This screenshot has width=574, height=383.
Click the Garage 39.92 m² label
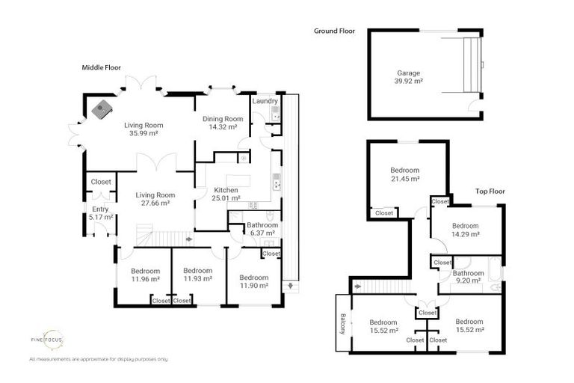coord(408,77)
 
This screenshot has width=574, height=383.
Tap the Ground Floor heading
coord(334,31)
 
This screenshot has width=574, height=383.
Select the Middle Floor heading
coord(102,67)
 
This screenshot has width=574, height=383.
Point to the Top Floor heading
coord(490,191)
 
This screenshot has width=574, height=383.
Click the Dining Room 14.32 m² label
coord(223,123)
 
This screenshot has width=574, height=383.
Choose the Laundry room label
coord(265,101)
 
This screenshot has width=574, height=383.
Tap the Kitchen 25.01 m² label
coord(226,194)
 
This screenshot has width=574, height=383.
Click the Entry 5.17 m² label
coord(101,213)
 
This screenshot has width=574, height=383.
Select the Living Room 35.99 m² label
coord(143,129)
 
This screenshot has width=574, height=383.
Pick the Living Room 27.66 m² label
coord(155,199)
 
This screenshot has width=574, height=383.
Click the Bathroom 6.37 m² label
coord(262,229)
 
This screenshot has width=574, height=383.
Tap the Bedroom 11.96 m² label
coord(145,275)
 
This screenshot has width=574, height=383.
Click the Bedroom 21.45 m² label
coord(404,174)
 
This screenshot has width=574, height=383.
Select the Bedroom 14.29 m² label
coord(464,230)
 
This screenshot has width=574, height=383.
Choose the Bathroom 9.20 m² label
coord(468,278)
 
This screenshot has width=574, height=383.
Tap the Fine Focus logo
coord(47,340)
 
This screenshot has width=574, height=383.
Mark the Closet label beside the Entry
coord(101,182)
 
